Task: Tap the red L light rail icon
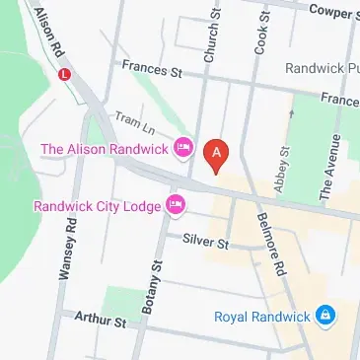coord(66,73)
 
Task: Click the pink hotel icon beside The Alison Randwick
coord(182,148)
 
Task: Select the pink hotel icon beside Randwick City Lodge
coord(176,205)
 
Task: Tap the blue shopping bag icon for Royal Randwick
coord(326,317)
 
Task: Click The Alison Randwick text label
coord(105,149)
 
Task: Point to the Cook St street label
coord(261,30)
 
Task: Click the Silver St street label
coord(206,241)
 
